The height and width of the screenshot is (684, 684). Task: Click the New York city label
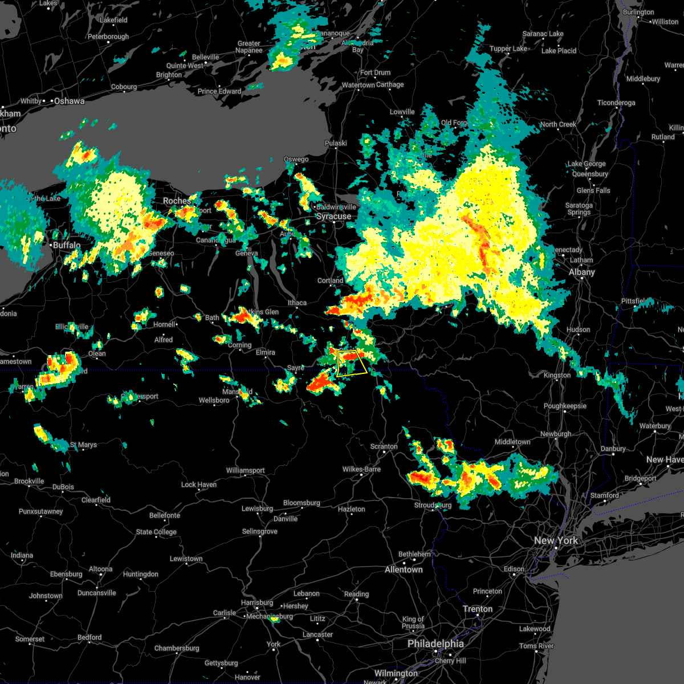[x=556, y=540]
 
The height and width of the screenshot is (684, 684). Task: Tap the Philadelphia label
[x=435, y=644]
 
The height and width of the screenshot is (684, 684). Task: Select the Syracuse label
[x=333, y=217]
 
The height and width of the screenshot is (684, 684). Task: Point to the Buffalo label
[x=67, y=245]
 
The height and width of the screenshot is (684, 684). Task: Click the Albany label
[x=581, y=272]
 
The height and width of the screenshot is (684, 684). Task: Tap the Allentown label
[x=404, y=569]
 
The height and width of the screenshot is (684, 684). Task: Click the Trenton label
[x=478, y=609]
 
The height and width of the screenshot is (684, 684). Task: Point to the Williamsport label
[x=245, y=470]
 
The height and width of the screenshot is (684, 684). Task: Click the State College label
[x=156, y=532]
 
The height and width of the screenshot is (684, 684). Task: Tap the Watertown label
[x=358, y=85]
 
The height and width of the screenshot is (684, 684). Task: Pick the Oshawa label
[x=69, y=101]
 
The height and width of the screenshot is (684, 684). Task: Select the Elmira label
[x=265, y=352]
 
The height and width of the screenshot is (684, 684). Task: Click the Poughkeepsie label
[x=565, y=406]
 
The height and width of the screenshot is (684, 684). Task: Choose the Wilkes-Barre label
[x=361, y=469]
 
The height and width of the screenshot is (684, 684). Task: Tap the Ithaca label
[x=297, y=303]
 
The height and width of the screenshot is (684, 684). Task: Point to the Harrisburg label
[x=257, y=602]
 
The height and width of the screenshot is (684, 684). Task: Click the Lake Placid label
[x=559, y=51]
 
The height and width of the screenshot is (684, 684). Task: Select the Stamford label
[x=604, y=495]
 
